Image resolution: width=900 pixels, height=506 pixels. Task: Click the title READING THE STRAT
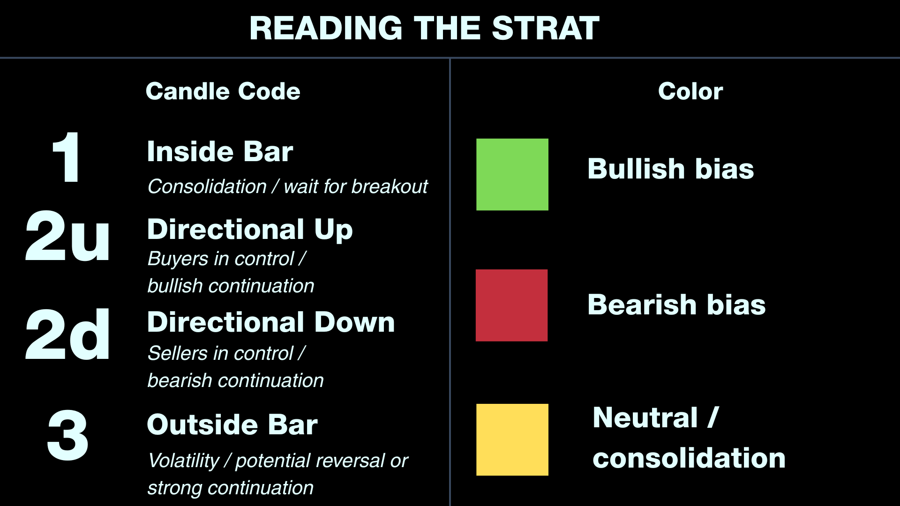424,28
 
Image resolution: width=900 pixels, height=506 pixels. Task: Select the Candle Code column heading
223,91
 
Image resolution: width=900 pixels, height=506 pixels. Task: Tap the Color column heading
690,91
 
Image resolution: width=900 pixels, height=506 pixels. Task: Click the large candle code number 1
67,157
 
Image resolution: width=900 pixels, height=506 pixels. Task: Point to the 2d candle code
67,335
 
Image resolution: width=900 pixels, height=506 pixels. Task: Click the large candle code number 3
67,435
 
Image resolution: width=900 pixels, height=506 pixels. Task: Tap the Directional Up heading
250,230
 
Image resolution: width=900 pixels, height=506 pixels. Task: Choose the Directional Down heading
271,322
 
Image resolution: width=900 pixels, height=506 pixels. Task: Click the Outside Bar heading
232,424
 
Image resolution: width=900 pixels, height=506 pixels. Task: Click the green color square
512,174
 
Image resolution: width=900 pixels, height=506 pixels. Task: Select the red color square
512,305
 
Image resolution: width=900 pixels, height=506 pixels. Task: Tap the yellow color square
512,439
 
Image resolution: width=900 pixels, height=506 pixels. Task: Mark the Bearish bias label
677,305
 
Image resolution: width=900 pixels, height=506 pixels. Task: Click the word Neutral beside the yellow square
645,417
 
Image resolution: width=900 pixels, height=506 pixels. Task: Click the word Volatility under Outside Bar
184,461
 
